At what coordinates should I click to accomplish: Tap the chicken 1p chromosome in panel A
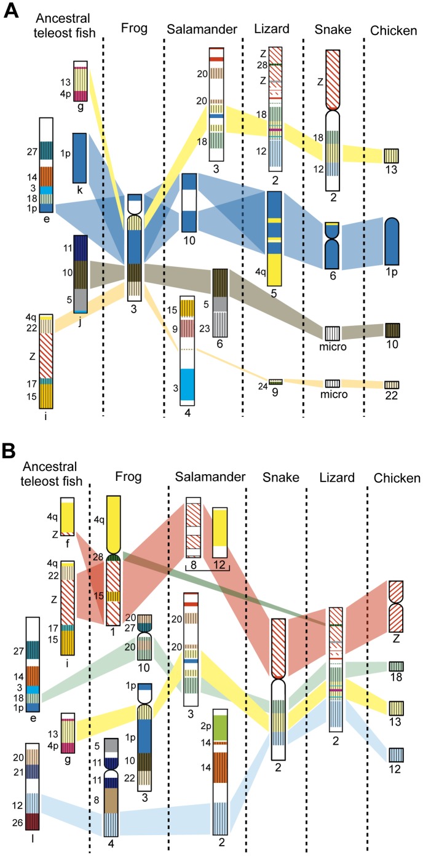pos(393,243)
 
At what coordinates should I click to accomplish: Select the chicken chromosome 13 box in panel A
pos(392,156)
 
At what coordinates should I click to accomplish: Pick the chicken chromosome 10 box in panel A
pos(393,330)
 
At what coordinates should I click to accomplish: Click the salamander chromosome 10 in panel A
pos(189,202)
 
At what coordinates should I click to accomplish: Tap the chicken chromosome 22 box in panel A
pos(393,384)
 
